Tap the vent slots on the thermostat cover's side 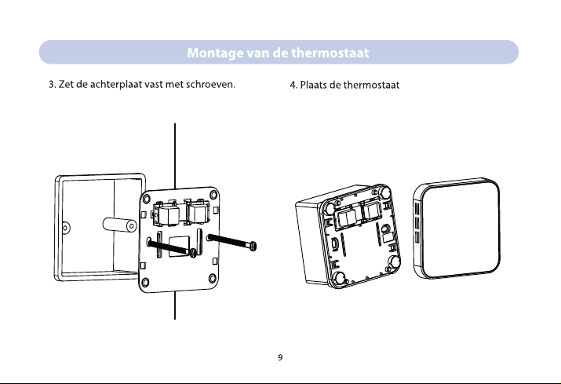coord(417,223)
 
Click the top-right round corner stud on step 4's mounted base coord(387,190)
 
